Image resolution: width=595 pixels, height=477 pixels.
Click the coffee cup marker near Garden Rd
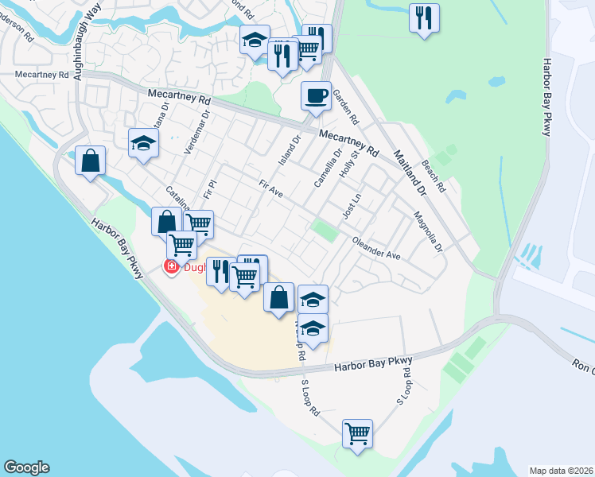coord(316,96)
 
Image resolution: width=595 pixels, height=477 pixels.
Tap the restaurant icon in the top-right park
coord(424,17)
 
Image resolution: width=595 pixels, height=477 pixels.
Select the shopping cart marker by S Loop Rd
coord(357,433)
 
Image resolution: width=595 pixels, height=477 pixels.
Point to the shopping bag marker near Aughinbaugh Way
coord(91,161)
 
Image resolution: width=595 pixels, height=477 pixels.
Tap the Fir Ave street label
coord(271,189)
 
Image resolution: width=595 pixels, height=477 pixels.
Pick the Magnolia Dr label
coord(428,231)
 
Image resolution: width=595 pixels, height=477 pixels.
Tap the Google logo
coord(26,467)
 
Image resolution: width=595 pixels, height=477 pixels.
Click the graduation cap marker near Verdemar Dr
coord(143,142)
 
